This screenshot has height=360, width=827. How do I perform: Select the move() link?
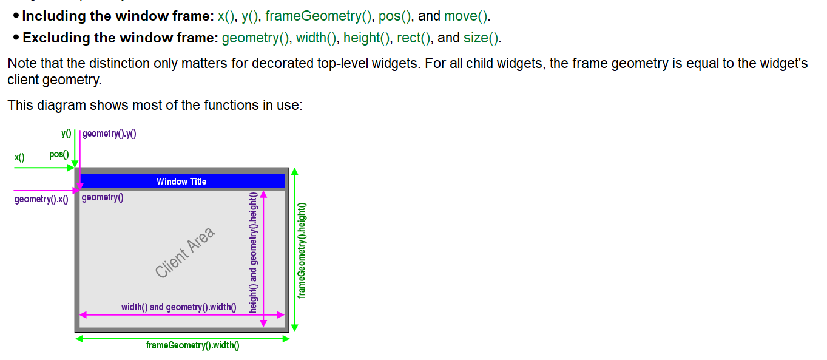(466, 16)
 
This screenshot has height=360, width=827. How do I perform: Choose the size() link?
(481, 38)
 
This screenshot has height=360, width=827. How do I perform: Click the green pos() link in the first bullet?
(392, 16)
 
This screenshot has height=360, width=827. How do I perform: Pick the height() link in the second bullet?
(366, 38)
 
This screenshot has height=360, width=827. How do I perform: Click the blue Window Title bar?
(181, 182)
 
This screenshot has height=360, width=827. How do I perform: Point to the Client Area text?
(185, 253)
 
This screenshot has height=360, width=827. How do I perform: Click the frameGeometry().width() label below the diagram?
(192, 346)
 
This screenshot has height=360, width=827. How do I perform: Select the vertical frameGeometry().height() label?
(302, 250)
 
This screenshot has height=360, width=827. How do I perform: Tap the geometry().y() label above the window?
(109, 134)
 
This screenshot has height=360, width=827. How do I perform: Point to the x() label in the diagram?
(19, 158)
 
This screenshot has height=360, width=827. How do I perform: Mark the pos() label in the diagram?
(59, 155)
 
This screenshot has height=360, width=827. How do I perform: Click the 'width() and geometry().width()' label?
(178, 307)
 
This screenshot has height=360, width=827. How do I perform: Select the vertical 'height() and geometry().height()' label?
(254, 252)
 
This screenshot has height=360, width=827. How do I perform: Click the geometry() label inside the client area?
(103, 197)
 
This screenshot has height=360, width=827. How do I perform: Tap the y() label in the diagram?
(66, 133)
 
